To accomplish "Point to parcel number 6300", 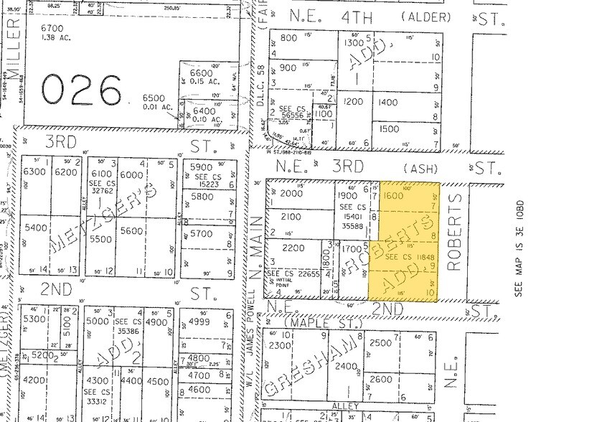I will [x=34, y=172].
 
